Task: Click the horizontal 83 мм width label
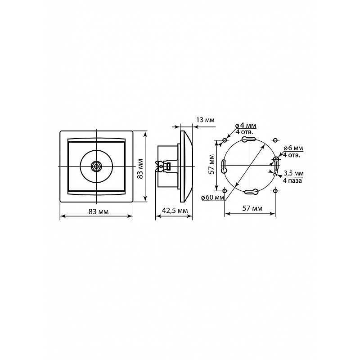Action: [x=99, y=211]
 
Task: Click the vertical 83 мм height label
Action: [x=141, y=168]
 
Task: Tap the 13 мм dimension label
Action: [x=205, y=120]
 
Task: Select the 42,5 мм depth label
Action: [x=175, y=211]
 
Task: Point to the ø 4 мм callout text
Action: [x=246, y=126]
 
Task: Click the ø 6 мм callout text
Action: [x=293, y=148]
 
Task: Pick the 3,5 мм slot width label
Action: [x=294, y=173]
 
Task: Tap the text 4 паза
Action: [x=292, y=181]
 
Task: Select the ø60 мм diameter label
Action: [x=212, y=198]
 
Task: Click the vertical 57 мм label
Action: [x=211, y=164]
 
